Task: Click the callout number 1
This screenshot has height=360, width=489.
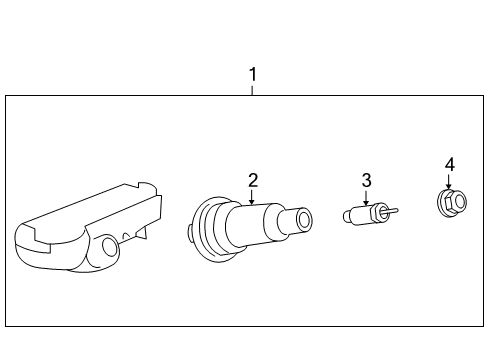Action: pyautogui.click(x=253, y=74)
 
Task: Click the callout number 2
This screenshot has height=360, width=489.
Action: pyautogui.click(x=253, y=180)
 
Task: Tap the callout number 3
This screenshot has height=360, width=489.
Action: pyautogui.click(x=367, y=180)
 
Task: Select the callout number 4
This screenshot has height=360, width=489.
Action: pyautogui.click(x=449, y=164)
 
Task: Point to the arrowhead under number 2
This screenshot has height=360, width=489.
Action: pyautogui.click(x=253, y=203)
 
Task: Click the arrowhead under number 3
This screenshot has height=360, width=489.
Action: pyautogui.click(x=367, y=203)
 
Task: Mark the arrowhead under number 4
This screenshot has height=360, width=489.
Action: pyautogui.click(x=449, y=187)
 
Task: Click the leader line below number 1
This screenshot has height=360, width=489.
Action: pyautogui.click(x=253, y=89)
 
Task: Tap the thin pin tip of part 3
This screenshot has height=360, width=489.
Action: pyautogui.click(x=395, y=210)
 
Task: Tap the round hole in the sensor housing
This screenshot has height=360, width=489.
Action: pyautogui.click(x=109, y=246)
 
